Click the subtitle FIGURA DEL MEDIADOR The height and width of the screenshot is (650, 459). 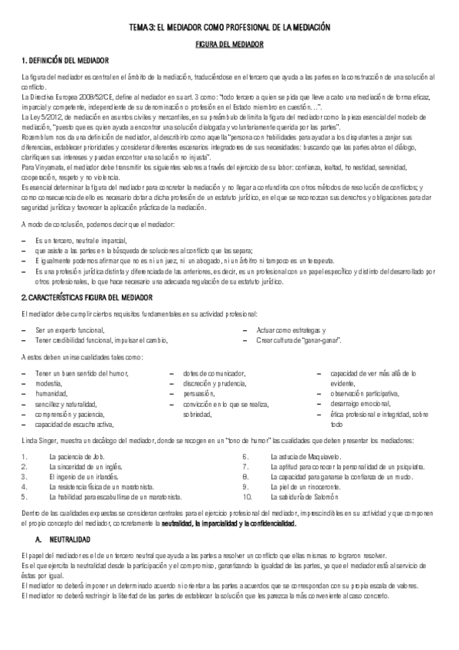tap(229, 45)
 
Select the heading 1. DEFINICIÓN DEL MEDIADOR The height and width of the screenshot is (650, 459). tap(64, 60)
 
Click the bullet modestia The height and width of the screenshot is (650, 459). tap(49, 382)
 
